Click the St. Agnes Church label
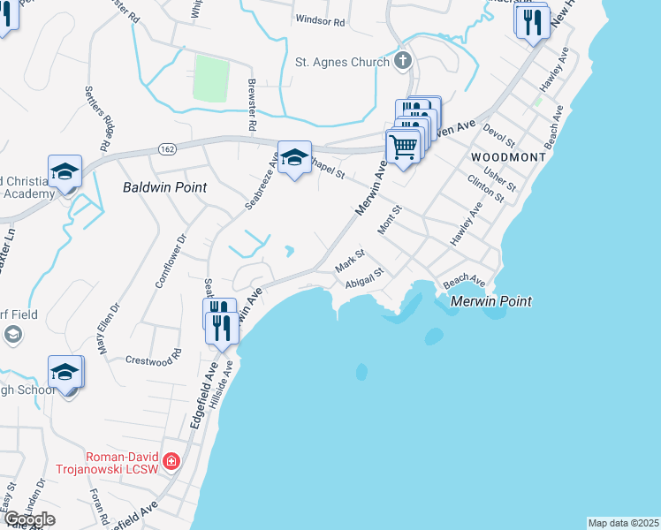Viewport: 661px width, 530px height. (x=341, y=62)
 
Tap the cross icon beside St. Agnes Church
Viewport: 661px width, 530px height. (x=403, y=61)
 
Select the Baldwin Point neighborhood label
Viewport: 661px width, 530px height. (x=165, y=187)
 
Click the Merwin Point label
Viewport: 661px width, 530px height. (x=490, y=301)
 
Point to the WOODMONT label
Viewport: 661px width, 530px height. (x=508, y=156)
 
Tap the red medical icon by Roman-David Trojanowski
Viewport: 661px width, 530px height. (x=171, y=462)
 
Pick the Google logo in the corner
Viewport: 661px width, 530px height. (x=29, y=519)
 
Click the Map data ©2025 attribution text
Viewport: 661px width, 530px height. (x=623, y=523)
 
